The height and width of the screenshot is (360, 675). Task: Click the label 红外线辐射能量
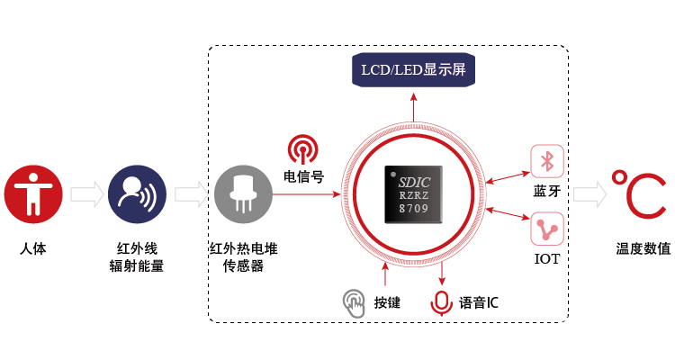(x=140, y=255)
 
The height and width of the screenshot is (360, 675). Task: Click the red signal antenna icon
(x=302, y=148)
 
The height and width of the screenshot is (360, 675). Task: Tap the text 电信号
(x=302, y=175)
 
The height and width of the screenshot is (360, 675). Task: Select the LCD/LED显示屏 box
(x=414, y=70)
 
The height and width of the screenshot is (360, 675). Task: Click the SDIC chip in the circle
(x=413, y=194)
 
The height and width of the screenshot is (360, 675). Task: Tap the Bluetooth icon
(x=545, y=160)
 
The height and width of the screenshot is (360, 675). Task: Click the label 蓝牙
(x=546, y=191)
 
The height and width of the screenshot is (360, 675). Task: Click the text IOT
(x=546, y=259)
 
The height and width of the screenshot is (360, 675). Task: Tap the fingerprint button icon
(x=354, y=302)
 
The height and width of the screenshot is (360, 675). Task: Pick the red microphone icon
(x=441, y=302)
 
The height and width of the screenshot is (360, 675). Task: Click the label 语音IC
(x=479, y=302)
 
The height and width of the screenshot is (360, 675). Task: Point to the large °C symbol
(x=638, y=193)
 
